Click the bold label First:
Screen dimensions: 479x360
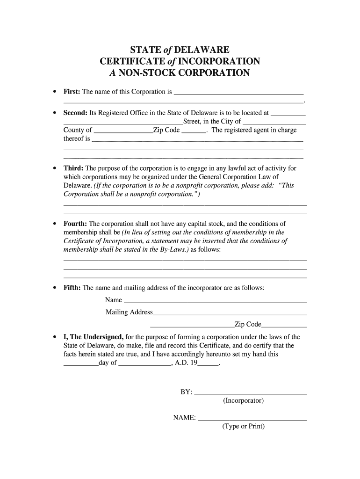point(72,92)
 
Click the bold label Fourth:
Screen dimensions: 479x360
point(75,224)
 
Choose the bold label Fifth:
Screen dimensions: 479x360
point(72,288)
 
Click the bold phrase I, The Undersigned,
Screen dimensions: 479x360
point(94,337)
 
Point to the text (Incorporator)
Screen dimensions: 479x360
point(243,401)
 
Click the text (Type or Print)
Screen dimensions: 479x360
point(244,427)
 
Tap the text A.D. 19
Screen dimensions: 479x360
point(186,363)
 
